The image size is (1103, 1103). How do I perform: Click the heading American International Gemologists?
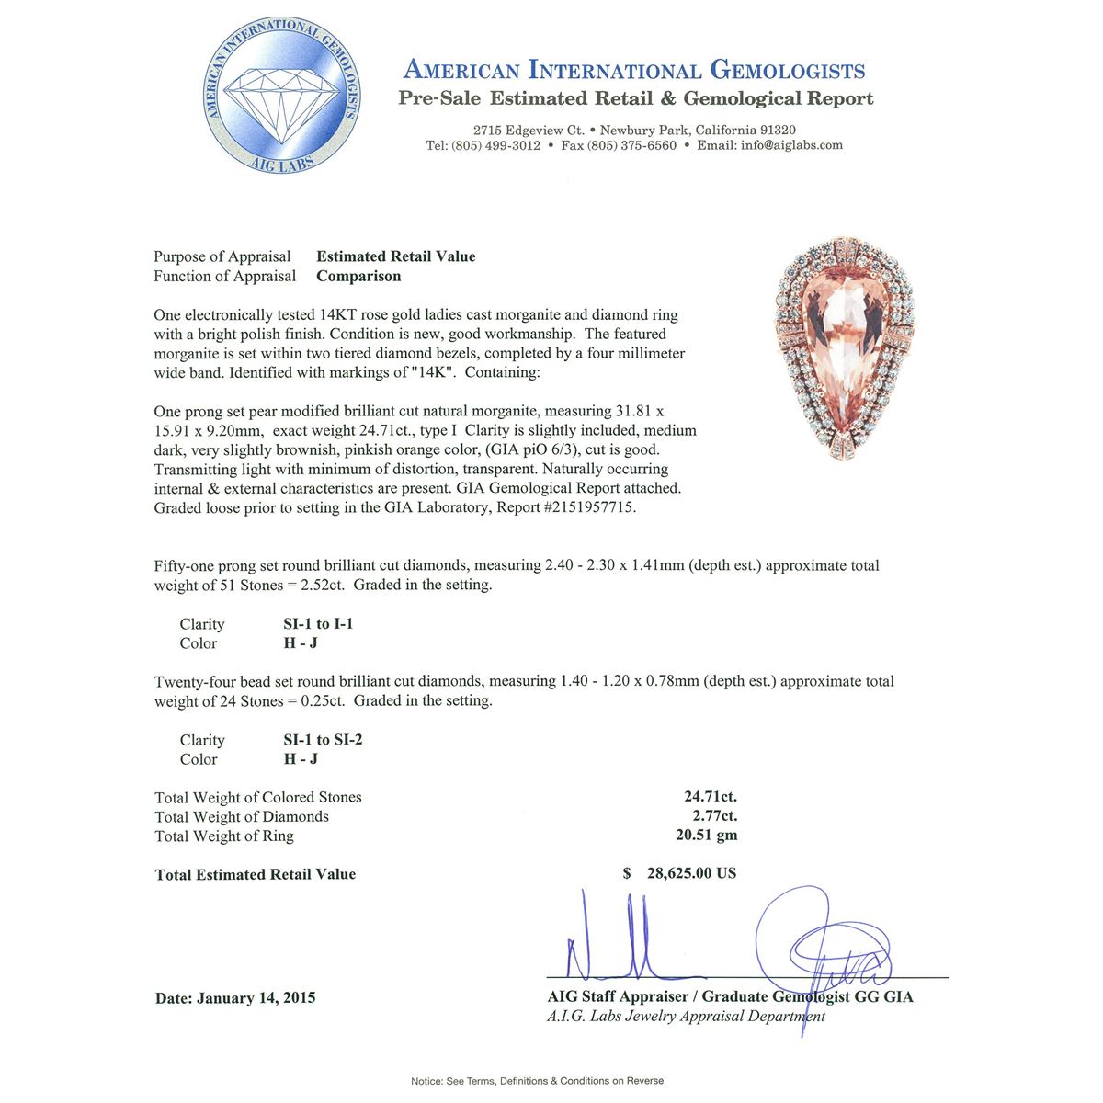coord(634,70)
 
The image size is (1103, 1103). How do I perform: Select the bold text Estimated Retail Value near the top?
coord(396,256)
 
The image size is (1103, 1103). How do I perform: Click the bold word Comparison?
coord(358,276)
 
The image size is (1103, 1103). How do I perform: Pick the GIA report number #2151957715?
coord(588,507)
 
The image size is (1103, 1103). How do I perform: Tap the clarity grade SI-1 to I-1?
coord(318,623)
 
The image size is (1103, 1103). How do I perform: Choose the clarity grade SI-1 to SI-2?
coord(323,739)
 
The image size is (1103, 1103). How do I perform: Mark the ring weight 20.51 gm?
coord(706,836)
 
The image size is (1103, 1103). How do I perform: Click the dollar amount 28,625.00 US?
coord(691,873)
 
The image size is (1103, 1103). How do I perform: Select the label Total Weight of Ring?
coord(224,836)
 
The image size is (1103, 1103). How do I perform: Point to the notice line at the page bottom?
coord(537,1081)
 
